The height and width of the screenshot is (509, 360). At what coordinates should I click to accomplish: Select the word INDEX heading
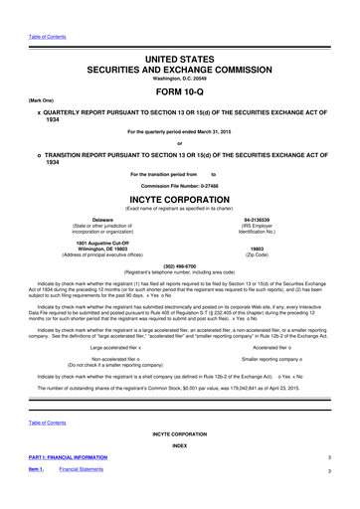(179, 473)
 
